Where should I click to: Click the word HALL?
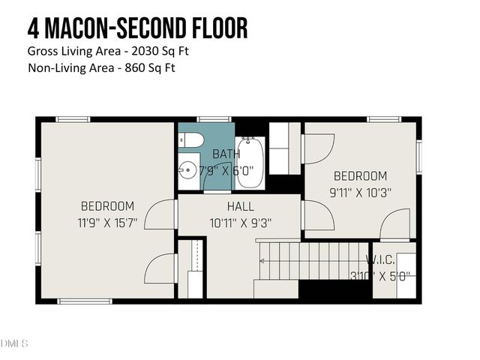click(240, 206)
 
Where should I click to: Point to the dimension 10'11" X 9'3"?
click(240, 222)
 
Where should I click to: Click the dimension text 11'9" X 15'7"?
click(107, 222)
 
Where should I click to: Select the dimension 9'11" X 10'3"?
click(360, 192)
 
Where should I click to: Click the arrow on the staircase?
click(262, 260)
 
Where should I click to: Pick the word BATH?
click(225, 154)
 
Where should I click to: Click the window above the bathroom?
click(213, 118)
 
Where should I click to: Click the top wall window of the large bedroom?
click(73, 118)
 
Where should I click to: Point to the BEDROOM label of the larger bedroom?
click(107, 206)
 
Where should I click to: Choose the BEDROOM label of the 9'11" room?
click(360, 176)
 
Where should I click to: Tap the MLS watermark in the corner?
click(15, 343)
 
